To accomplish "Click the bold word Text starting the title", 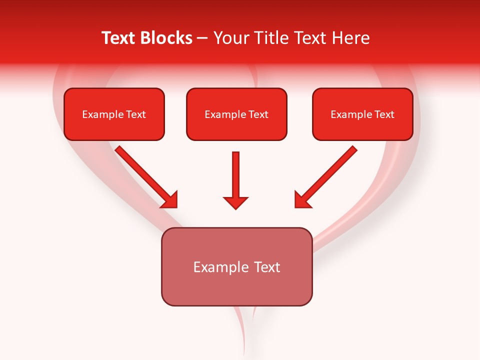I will (x=120, y=38).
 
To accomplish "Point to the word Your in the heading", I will (x=230, y=38).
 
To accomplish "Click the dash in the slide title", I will (x=202, y=38).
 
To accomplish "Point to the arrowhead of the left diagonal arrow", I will (x=169, y=199).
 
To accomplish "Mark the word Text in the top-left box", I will (x=135, y=114).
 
